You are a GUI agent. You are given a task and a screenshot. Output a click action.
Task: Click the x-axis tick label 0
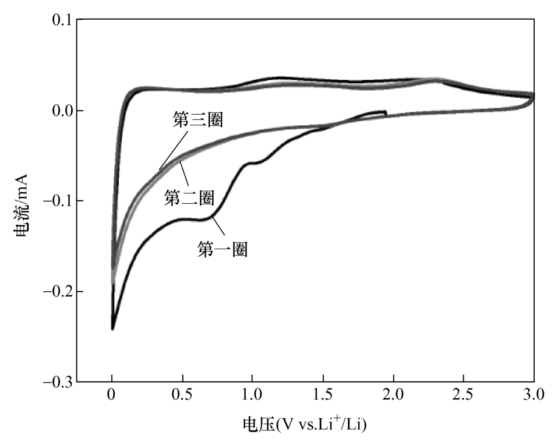[112, 398]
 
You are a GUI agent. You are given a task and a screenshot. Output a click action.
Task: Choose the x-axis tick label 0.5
[182, 398]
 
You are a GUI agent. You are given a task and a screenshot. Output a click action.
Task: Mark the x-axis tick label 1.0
[253, 398]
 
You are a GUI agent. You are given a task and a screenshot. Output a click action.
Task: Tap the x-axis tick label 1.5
[323, 398]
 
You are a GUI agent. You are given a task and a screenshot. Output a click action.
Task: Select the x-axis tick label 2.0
[394, 398]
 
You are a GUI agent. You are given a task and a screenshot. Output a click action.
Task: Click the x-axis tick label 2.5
[464, 398]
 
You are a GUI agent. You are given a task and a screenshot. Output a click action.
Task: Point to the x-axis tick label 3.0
[534, 398]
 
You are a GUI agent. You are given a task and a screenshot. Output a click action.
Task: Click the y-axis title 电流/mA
[22, 201]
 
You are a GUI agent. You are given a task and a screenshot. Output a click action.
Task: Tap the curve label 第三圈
[199, 120]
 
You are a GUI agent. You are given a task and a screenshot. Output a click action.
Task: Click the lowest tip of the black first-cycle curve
[112, 330]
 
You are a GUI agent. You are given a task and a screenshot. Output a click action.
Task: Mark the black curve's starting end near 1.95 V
[385, 111]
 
